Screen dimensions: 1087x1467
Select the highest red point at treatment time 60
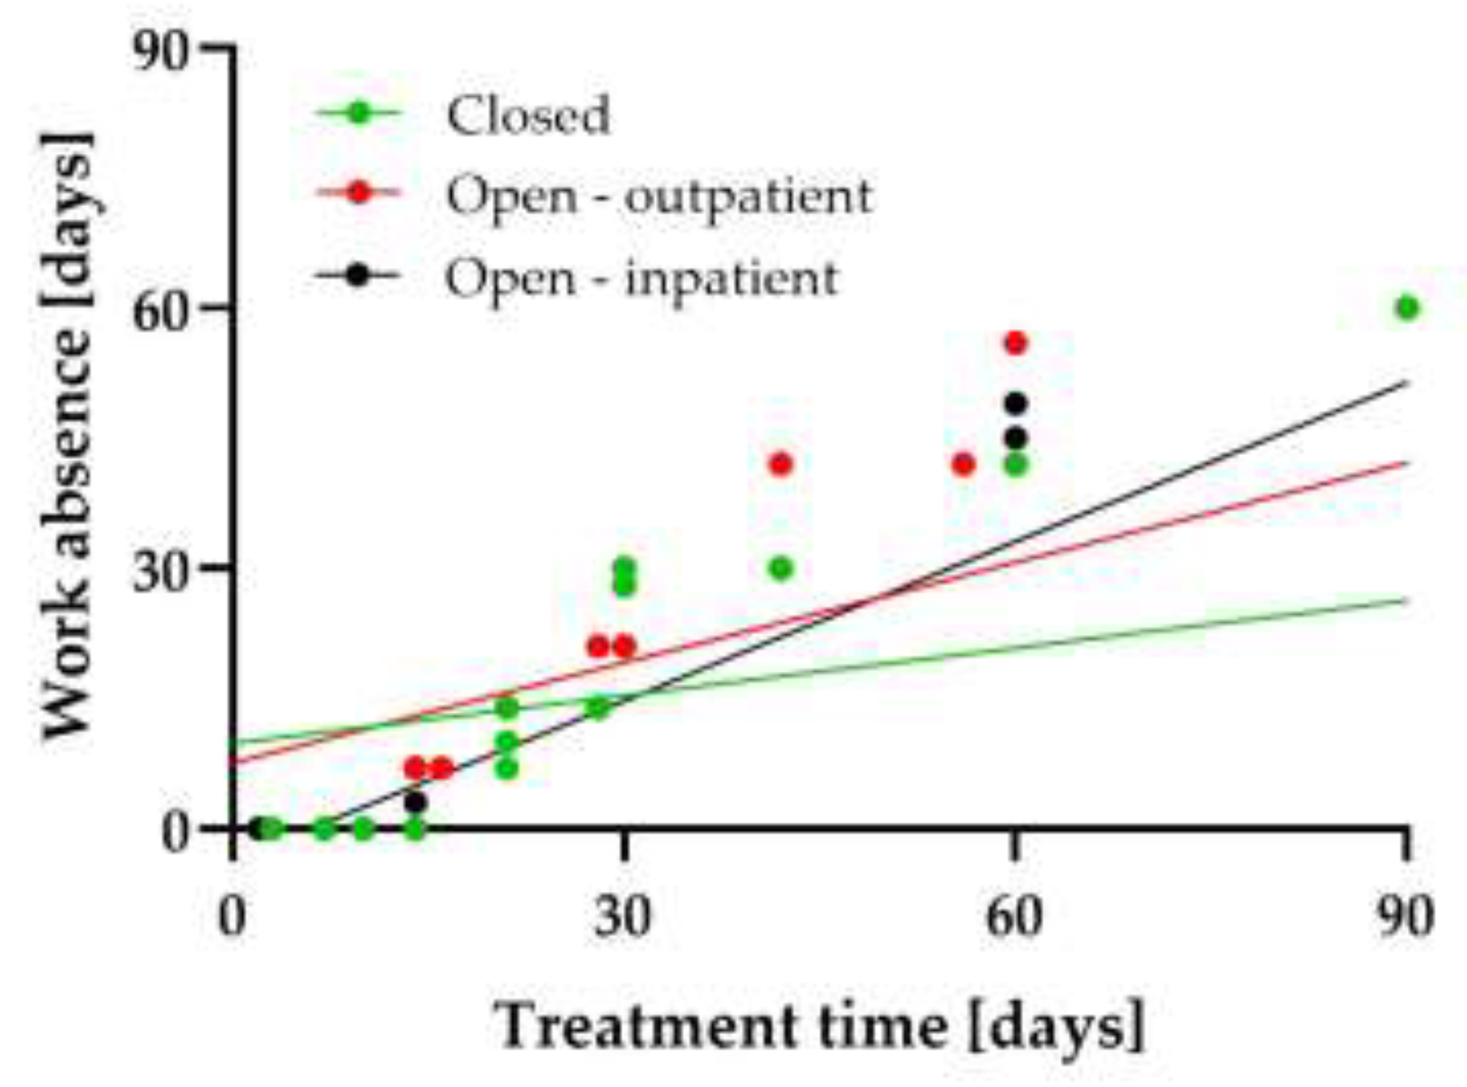[1016, 343]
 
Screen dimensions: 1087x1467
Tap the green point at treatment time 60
[1016, 464]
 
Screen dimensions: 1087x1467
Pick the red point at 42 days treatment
[781, 464]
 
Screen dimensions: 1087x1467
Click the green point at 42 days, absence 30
[781, 567]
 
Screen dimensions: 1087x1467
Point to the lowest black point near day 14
[416, 803]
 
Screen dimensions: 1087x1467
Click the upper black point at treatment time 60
[1016, 404]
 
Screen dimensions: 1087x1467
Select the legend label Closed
[528, 115]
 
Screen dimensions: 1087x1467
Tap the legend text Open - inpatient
[642, 278]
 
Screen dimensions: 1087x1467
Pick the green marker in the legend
[358, 113]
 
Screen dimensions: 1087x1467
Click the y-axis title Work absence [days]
[68, 438]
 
